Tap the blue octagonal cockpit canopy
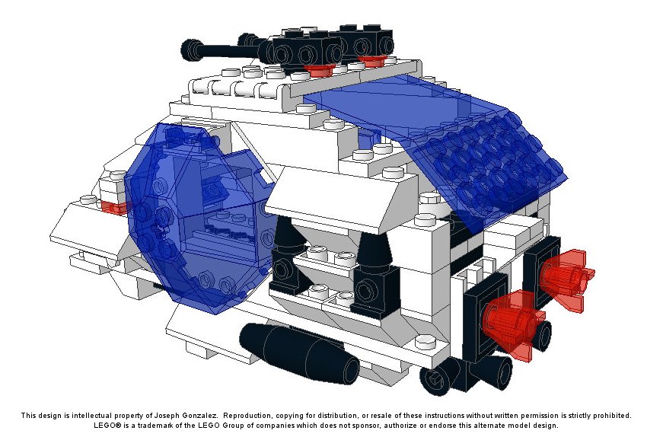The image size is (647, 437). [x=194, y=215]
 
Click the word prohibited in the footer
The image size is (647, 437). [x=614, y=416]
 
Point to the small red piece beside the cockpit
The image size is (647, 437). [x=114, y=207]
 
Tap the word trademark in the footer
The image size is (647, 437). [x=155, y=426]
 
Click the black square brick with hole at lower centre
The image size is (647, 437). [x=374, y=292]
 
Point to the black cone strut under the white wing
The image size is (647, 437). [x=374, y=248]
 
